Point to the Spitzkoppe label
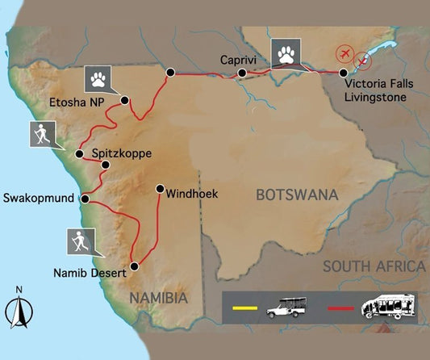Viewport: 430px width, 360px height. pyautogui.click(x=120, y=153)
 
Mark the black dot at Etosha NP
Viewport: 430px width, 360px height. pyautogui.click(x=125, y=100)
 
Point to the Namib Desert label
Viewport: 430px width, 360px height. pyautogui.click(x=90, y=273)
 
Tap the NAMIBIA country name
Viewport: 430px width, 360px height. pyautogui.click(x=160, y=299)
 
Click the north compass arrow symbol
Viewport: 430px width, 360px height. pyautogui.click(x=18, y=311)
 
